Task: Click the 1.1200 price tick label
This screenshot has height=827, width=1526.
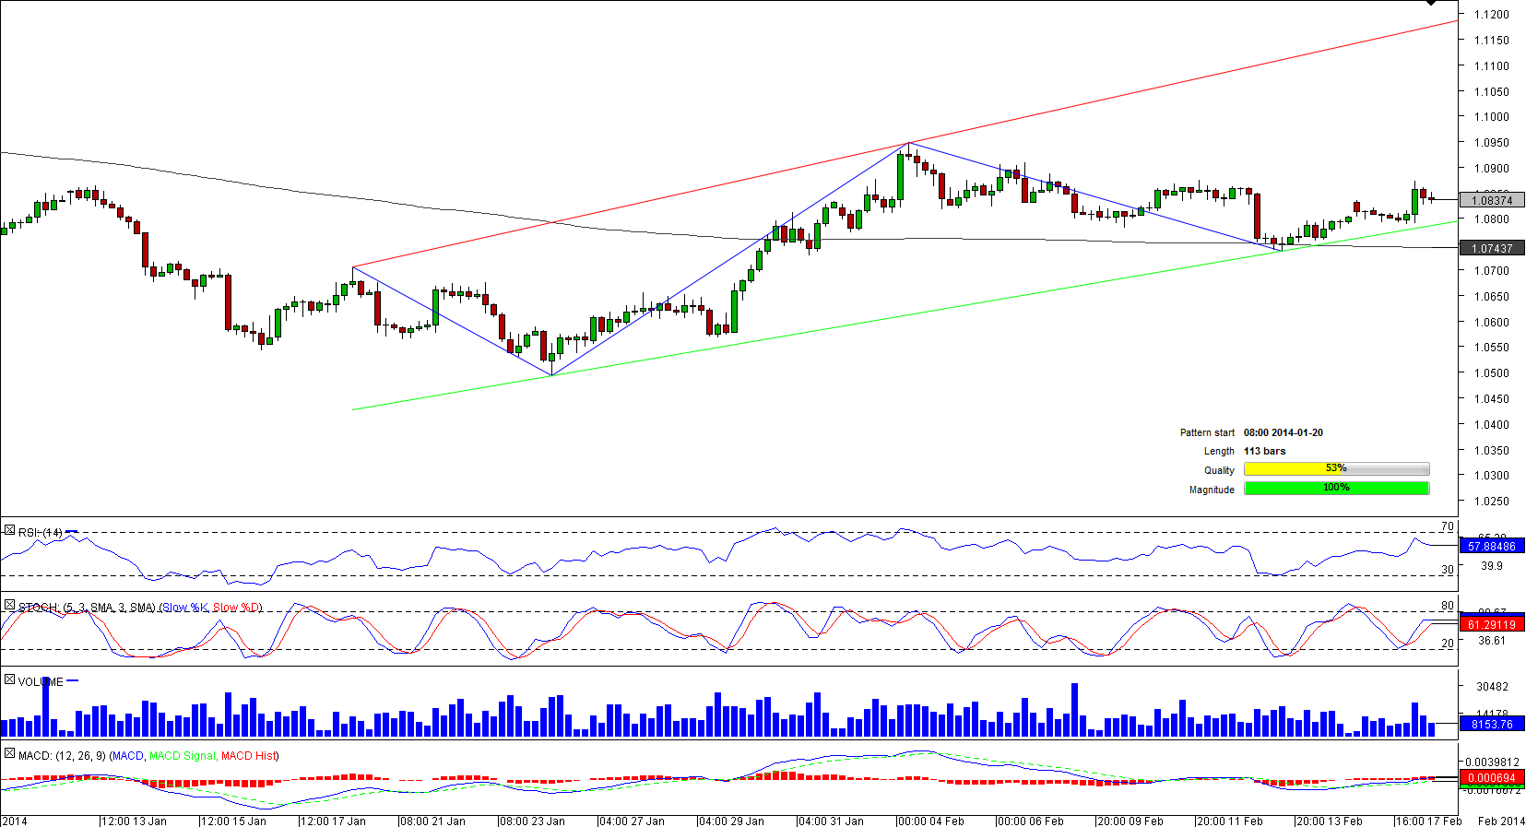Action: (1491, 15)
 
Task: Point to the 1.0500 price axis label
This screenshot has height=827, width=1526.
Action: (1491, 373)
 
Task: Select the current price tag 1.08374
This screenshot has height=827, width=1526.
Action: (1492, 200)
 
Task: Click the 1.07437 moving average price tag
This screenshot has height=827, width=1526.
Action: (1492, 249)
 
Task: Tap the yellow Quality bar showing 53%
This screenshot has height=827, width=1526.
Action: (1336, 469)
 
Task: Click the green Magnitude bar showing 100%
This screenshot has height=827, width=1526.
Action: (1336, 489)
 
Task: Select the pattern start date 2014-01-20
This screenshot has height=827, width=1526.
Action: (1283, 432)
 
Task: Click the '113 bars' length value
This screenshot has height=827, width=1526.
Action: (1264, 451)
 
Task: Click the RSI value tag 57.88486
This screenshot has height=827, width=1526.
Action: (1492, 547)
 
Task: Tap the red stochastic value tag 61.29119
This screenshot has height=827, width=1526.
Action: (1492, 625)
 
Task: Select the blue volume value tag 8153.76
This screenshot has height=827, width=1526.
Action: (1492, 725)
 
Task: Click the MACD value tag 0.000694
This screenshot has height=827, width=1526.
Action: (1492, 779)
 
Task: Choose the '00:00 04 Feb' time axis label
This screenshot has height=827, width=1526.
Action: (930, 821)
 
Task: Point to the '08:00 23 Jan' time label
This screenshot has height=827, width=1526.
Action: (532, 821)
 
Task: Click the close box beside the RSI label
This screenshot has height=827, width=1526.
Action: (9, 531)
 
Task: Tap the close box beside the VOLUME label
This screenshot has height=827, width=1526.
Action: (9, 680)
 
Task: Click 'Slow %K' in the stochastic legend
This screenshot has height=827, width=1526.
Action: (185, 608)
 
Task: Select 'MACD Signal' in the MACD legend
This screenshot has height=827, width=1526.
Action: (182, 756)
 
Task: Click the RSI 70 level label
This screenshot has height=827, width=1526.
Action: (1447, 527)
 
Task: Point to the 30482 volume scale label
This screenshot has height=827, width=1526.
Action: (1492, 687)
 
